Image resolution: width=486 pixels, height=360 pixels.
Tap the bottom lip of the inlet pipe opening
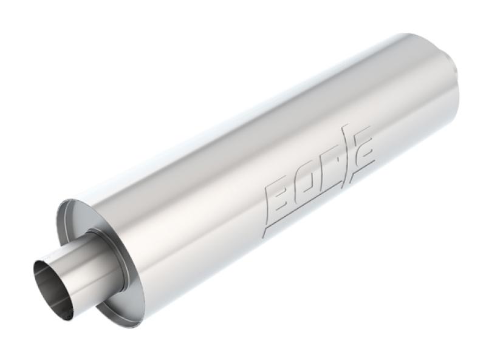[61, 316]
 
